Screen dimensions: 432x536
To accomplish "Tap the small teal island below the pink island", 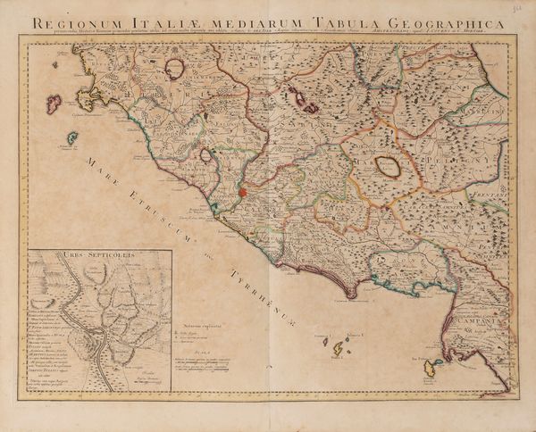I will [71, 138].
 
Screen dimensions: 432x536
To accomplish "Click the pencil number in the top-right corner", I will [523, 8].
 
